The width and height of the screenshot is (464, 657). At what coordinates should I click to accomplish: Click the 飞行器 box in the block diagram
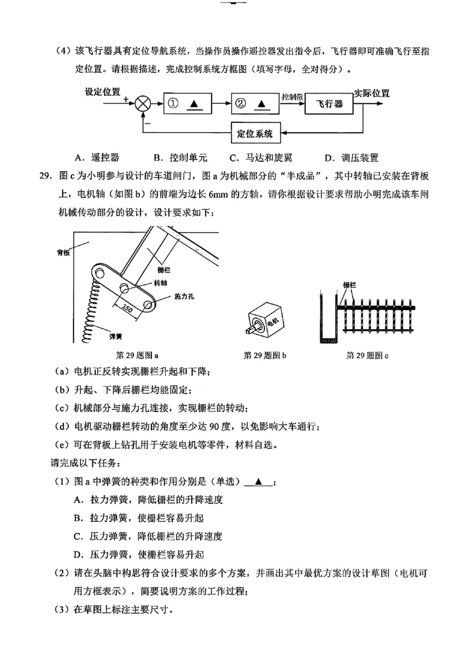329,104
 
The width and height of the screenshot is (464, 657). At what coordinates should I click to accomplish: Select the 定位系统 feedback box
255,133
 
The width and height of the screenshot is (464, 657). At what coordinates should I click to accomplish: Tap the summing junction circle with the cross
143,104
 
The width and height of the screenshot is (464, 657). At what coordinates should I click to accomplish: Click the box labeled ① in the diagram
186,104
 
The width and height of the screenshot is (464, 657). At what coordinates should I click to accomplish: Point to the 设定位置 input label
103,92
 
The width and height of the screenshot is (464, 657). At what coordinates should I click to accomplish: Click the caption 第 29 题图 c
367,355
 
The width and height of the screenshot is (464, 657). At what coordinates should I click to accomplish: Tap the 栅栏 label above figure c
349,285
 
